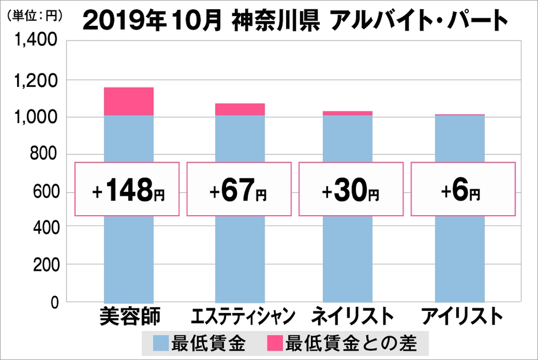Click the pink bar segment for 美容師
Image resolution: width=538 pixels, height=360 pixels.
(x=128, y=101)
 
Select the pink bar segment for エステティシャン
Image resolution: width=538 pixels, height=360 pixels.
(x=240, y=109)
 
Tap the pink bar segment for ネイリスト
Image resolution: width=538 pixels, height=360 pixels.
(x=347, y=113)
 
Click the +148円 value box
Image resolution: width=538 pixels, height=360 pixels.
(x=128, y=189)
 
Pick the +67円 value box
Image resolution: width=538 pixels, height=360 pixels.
(x=240, y=189)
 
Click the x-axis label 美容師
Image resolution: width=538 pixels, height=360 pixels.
(x=128, y=316)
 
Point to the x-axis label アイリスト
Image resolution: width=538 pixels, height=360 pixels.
(x=462, y=316)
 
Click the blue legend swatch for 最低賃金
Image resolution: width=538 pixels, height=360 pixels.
(x=161, y=344)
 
